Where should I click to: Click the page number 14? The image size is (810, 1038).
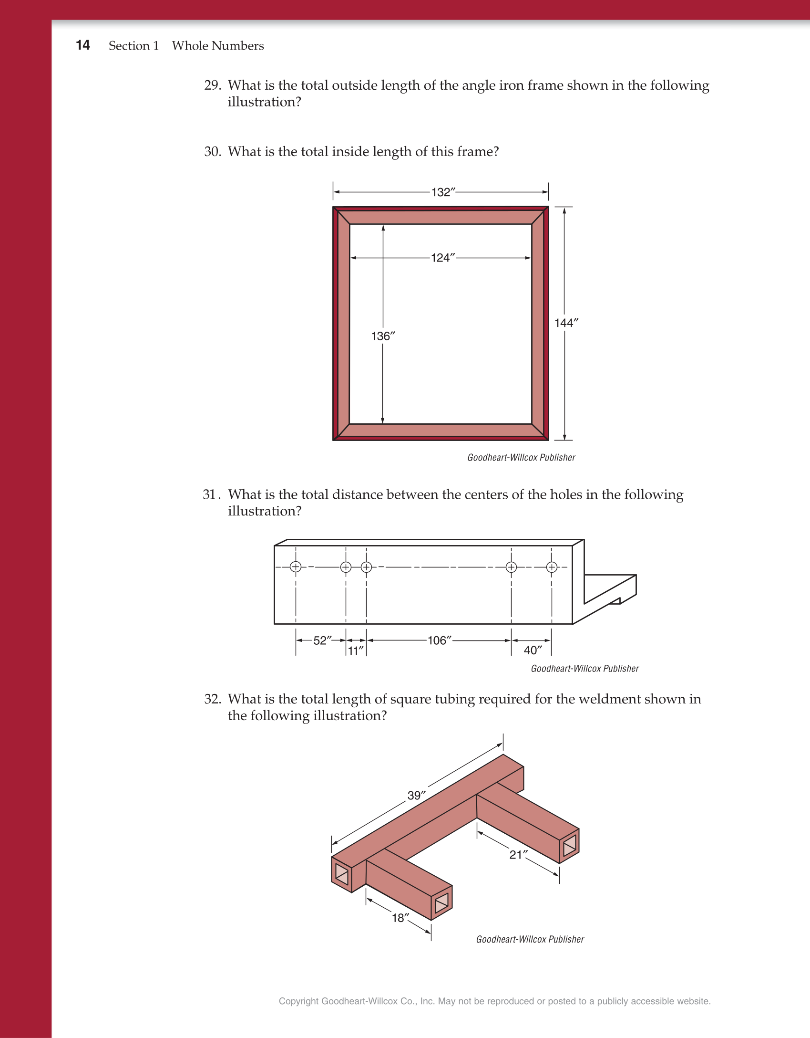click(x=82, y=45)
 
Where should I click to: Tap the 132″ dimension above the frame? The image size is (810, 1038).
click(x=443, y=192)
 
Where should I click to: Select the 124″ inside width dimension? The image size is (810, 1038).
click(x=443, y=258)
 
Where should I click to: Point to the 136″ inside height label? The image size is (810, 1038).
click(x=383, y=336)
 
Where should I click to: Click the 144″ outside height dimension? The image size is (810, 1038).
click(x=566, y=323)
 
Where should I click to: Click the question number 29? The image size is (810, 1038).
click(x=212, y=85)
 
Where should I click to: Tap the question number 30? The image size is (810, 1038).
click(x=212, y=152)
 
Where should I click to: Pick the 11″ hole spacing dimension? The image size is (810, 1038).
click(x=355, y=650)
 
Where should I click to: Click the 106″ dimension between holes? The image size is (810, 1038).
click(x=439, y=640)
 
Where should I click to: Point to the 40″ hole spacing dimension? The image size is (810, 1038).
click(x=533, y=650)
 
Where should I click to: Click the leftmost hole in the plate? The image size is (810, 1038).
click(x=296, y=567)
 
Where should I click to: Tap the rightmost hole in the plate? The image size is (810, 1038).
click(x=552, y=567)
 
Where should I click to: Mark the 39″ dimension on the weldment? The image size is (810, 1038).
click(x=416, y=796)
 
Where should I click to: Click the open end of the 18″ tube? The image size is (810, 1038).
click(x=441, y=902)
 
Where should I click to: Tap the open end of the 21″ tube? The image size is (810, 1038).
click(x=569, y=845)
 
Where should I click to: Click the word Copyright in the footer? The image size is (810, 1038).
click(x=298, y=1001)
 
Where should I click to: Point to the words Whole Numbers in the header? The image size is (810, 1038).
click(x=218, y=46)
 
